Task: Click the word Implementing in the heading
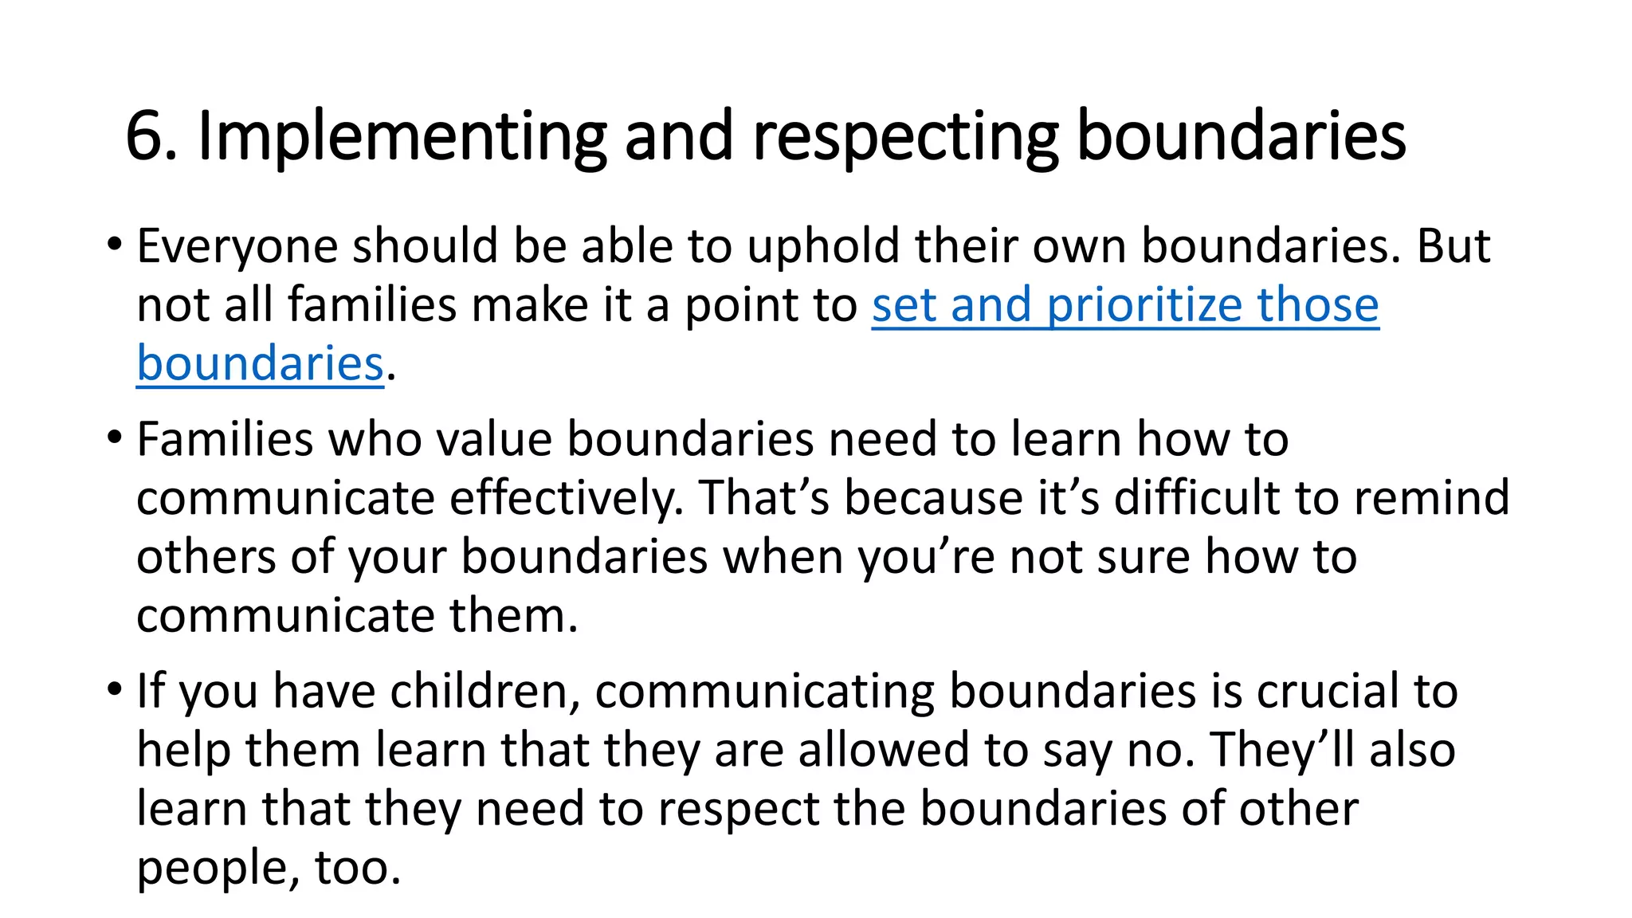(402, 137)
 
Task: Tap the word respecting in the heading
(905, 137)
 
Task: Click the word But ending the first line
(1453, 245)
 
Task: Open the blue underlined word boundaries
(260, 363)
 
